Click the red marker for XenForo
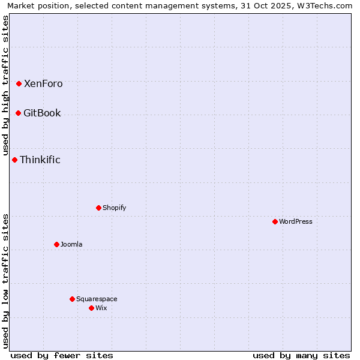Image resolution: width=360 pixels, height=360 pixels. point(19,83)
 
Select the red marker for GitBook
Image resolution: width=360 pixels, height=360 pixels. point(18,113)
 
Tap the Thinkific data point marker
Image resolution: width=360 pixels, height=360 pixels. point(14,160)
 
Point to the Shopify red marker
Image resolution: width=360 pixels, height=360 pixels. point(98,208)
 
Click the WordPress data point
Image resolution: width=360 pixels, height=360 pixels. point(275,221)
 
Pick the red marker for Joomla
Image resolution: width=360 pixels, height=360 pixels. point(56,244)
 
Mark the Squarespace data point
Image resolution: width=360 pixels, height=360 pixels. point(72,299)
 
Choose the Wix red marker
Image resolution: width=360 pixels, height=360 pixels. point(91,308)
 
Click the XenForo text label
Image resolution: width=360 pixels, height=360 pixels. point(43,84)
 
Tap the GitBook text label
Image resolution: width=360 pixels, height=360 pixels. point(42,113)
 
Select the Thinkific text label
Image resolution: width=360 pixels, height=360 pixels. point(40,160)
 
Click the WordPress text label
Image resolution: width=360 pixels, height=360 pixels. point(296,222)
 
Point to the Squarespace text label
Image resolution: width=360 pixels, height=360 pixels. point(97,299)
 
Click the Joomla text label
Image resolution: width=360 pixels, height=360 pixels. point(71,245)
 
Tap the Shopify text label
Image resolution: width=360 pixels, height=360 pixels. point(114,208)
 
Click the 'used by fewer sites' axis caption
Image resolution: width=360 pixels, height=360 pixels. point(62,355)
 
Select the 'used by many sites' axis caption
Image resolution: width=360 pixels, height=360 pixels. point(301,355)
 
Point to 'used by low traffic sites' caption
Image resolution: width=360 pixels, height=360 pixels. point(6,281)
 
